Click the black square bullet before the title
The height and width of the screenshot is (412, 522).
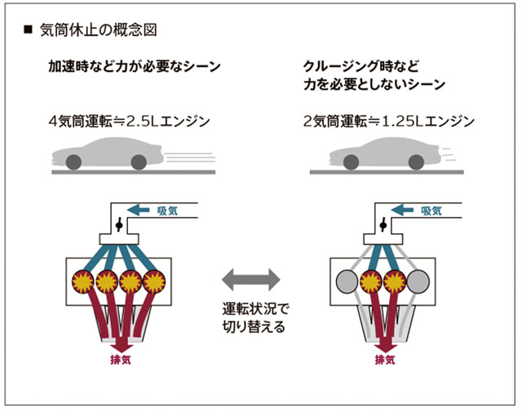click(28, 29)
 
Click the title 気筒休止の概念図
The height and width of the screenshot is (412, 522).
click(99, 30)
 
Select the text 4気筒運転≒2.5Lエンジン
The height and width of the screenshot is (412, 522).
click(129, 122)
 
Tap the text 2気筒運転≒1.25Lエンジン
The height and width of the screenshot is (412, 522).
click(389, 122)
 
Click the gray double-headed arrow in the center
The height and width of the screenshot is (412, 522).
click(251, 280)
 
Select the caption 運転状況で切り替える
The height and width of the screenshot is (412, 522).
click(255, 317)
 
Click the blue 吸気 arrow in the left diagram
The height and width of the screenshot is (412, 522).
click(139, 210)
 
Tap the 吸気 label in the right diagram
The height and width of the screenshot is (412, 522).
click(431, 210)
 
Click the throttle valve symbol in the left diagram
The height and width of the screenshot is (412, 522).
click(119, 225)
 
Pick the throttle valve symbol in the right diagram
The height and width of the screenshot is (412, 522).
click(383, 225)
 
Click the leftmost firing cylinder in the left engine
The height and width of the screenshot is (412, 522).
click(83, 281)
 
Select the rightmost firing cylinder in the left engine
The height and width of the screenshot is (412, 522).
click(154, 281)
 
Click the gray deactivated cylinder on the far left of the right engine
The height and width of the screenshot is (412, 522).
click(347, 281)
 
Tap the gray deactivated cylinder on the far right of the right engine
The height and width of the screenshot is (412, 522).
click(418, 281)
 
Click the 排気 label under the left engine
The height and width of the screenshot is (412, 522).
click(121, 360)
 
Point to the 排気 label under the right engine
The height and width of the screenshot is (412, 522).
click(385, 360)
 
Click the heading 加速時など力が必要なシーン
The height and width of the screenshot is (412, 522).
click(135, 66)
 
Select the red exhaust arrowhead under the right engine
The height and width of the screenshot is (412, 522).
click(386, 348)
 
